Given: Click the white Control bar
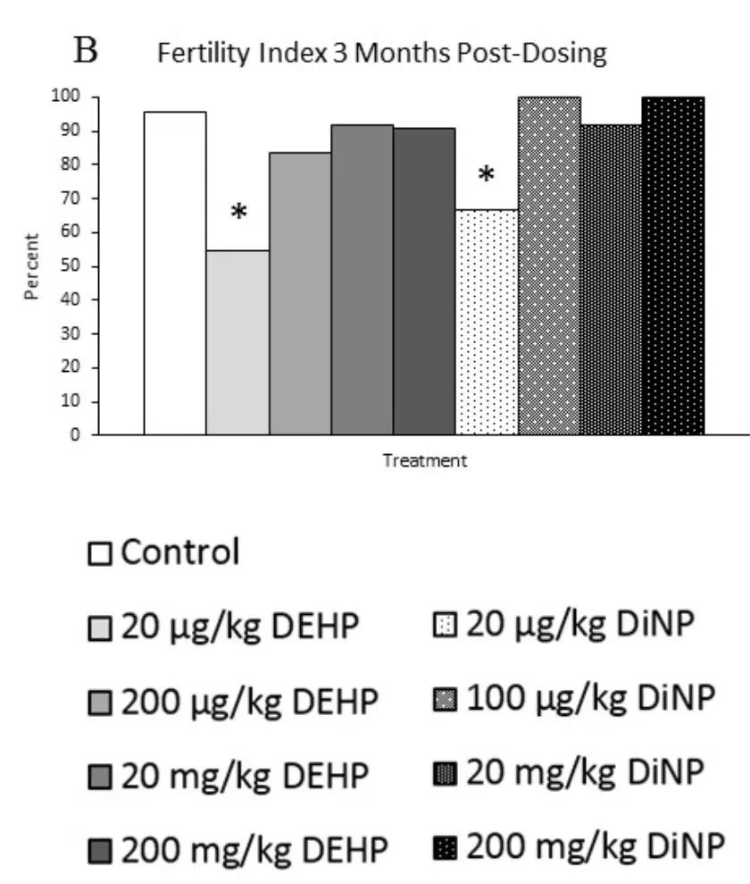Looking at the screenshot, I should coord(175,273).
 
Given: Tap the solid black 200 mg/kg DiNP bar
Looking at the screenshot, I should coord(673,265).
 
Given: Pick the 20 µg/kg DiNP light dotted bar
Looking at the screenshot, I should coord(487,322).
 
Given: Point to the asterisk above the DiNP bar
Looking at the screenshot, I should coord(486,176).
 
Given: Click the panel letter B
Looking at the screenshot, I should coord(87,52).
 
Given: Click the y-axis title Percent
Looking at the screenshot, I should coord(33,266).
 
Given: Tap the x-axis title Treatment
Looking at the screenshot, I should coord(424,461).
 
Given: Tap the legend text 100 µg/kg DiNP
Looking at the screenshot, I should coord(592,696).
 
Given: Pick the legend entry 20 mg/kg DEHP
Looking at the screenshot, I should coord(244,776).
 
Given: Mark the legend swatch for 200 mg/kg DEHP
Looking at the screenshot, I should coord(100,852).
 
